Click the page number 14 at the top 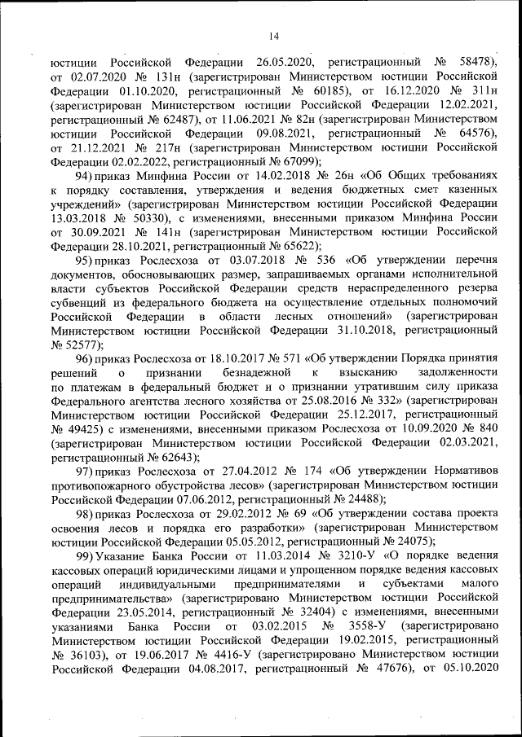point(274,36)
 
